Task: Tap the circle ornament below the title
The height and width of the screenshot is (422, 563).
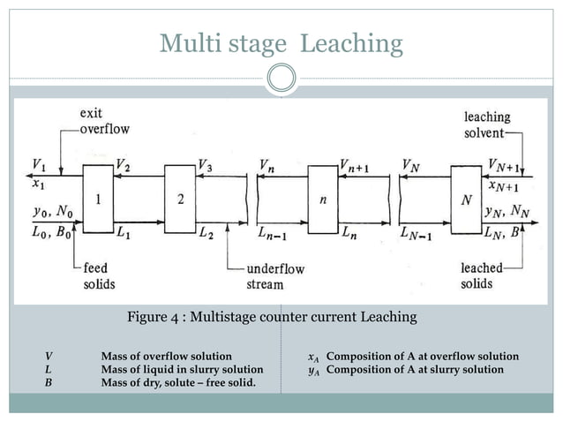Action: pyautogui.click(x=281, y=78)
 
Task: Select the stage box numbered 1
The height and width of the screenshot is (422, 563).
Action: pyautogui.click(x=98, y=200)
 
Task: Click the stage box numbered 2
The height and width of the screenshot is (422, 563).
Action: pyautogui.click(x=180, y=200)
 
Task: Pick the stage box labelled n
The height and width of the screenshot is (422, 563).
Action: pyautogui.click(x=323, y=200)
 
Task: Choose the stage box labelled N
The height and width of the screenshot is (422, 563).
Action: pyautogui.click(x=466, y=200)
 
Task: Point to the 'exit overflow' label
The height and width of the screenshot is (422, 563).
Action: pyautogui.click(x=104, y=122)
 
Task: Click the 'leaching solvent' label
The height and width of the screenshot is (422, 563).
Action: pyautogui.click(x=486, y=124)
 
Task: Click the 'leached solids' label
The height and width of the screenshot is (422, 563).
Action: pyautogui.click(x=481, y=275)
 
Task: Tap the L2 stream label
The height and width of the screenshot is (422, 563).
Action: pyautogui.click(x=205, y=234)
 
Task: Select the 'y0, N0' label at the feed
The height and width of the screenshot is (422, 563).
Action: pyautogui.click(x=49, y=212)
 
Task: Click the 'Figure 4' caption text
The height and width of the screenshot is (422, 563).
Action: pyautogui.click(x=272, y=316)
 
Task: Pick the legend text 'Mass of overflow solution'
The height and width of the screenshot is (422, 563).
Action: pyautogui.click(x=167, y=357)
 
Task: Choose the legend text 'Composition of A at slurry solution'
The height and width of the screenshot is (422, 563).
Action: pyautogui.click(x=415, y=369)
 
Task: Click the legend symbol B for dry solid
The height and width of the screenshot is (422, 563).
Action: pyautogui.click(x=48, y=382)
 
